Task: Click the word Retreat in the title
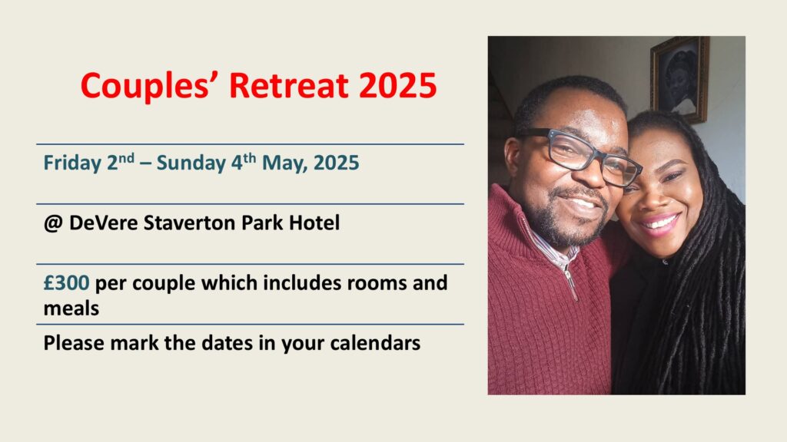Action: [x=289, y=85]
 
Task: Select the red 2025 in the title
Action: [x=397, y=85]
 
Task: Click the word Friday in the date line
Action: [x=72, y=163]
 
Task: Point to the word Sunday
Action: [x=191, y=163]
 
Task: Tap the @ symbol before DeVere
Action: [x=53, y=223]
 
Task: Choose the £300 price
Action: [x=66, y=283]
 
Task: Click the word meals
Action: [x=71, y=308]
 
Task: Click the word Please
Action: [x=74, y=343]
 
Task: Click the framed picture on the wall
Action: [x=679, y=79]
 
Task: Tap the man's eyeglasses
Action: [x=583, y=154]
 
